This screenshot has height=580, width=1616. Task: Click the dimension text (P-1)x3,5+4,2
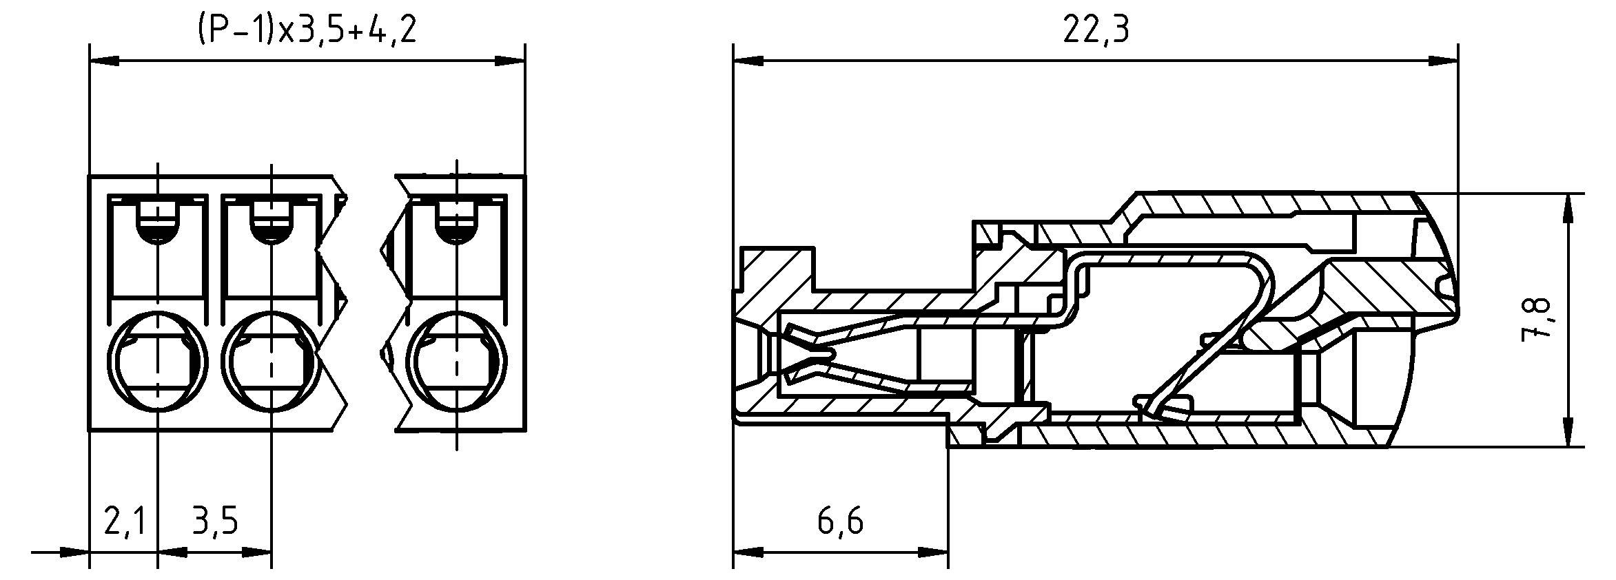(x=307, y=31)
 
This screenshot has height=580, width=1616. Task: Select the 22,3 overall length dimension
(x=1096, y=31)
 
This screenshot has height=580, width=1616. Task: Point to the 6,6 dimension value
(x=840, y=521)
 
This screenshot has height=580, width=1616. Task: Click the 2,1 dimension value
(x=124, y=521)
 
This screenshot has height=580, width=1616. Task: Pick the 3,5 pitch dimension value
(x=215, y=521)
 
